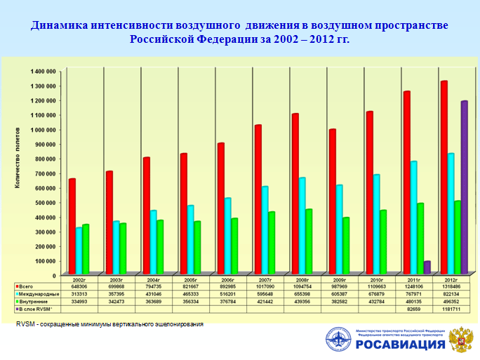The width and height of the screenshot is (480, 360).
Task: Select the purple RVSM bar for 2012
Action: pyautogui.click(x=464, y=187)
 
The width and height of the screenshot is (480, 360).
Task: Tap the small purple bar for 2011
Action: pyautogui.click(x=427, y=267)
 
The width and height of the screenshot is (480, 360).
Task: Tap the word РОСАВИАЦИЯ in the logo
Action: pyautogui.click(x=400, y=345)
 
